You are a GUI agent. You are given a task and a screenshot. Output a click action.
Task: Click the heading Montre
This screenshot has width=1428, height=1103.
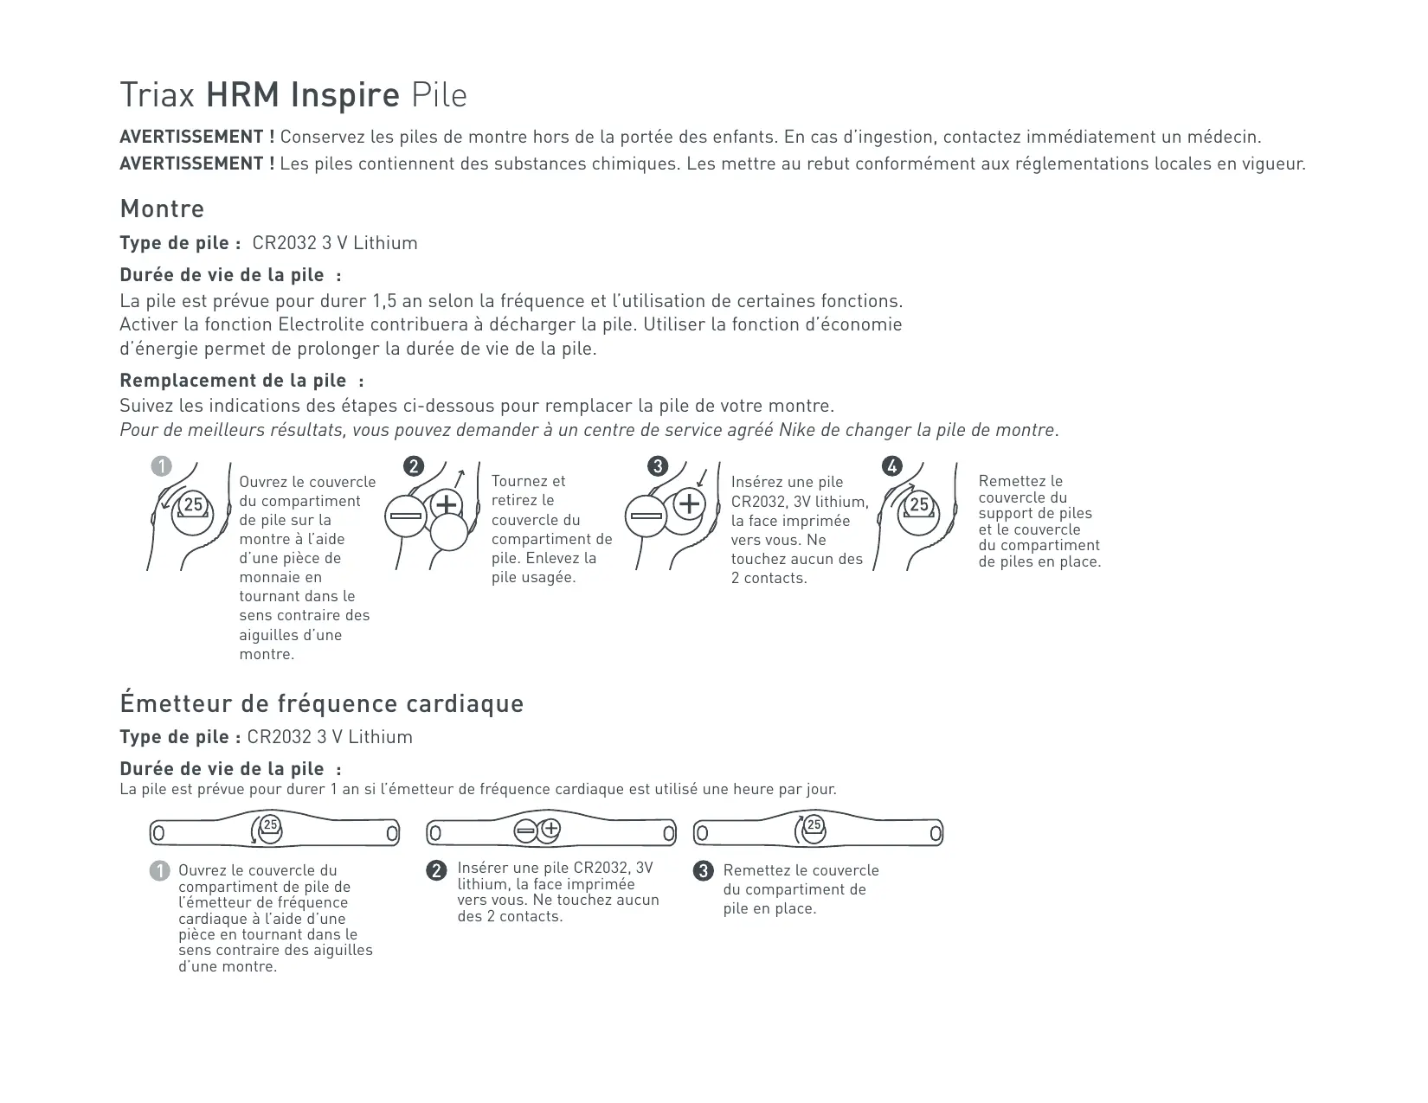(x=162, y=208)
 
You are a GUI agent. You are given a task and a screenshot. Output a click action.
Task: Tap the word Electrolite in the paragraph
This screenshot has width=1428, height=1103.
(x=323, y=324)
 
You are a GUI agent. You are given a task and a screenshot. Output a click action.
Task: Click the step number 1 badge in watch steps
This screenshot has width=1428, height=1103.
(x=161, y=466)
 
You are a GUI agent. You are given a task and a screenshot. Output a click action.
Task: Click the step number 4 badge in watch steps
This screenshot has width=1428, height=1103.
(x=891, y=466)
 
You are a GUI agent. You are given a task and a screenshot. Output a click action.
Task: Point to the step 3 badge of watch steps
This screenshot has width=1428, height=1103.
(x=658, y=466)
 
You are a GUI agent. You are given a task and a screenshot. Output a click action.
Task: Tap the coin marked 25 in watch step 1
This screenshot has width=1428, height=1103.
(x=193, y=504)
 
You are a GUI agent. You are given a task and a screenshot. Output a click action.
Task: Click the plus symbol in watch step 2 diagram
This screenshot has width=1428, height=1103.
(x=447, y=503)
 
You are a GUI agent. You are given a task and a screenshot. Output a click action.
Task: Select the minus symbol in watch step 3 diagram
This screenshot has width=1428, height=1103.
(x=646, y=516)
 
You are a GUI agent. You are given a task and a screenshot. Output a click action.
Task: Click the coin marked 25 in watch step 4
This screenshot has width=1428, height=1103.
(x=919, y=504)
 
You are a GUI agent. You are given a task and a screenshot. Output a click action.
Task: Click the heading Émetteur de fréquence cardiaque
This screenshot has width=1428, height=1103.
(x=321, y=703)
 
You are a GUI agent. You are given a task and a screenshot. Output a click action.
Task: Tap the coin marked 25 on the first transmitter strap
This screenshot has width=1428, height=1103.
(x=271, y=826)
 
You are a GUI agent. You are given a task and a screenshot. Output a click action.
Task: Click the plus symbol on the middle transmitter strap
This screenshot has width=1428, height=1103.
(x=550, y=829)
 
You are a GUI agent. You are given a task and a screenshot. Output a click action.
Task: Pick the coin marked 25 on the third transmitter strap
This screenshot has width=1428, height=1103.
(x=814, y=826)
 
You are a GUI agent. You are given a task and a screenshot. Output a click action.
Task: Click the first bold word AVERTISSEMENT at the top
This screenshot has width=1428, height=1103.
(x=197, y=137)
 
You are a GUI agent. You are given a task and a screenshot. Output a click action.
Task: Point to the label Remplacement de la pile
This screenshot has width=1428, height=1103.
(x=233, y=381)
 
